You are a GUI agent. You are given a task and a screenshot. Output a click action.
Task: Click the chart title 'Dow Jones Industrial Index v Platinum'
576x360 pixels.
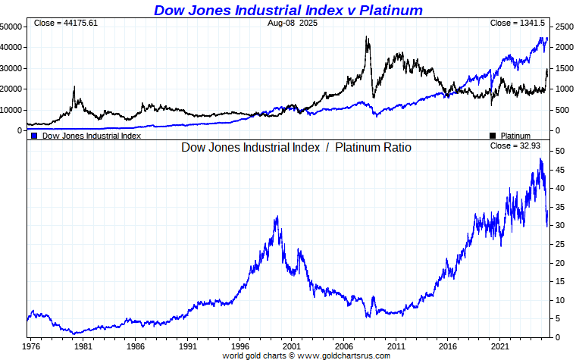tap(288, 10)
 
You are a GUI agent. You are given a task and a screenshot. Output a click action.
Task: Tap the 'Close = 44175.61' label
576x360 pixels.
tap(66, 23)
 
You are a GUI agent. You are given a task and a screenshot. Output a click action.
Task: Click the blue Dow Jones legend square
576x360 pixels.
tap(34, 136)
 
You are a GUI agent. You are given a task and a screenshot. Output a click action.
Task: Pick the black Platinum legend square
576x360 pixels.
tap(493, 136)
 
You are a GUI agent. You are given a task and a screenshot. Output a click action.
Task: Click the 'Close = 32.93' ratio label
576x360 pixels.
tap(517, 146)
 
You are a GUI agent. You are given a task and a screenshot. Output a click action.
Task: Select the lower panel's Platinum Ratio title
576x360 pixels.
tap(296, 147)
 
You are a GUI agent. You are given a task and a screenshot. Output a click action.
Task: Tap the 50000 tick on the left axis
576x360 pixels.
tap(11, 27)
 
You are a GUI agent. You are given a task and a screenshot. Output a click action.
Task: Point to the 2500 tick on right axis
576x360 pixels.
tap(565, 27)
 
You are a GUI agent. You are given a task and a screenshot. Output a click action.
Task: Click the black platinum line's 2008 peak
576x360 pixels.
tap(368, 37)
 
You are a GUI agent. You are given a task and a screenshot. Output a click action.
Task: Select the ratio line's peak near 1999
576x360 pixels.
tap(277, 218)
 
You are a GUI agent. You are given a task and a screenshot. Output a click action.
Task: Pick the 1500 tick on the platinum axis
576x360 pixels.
tap(565, 68)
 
